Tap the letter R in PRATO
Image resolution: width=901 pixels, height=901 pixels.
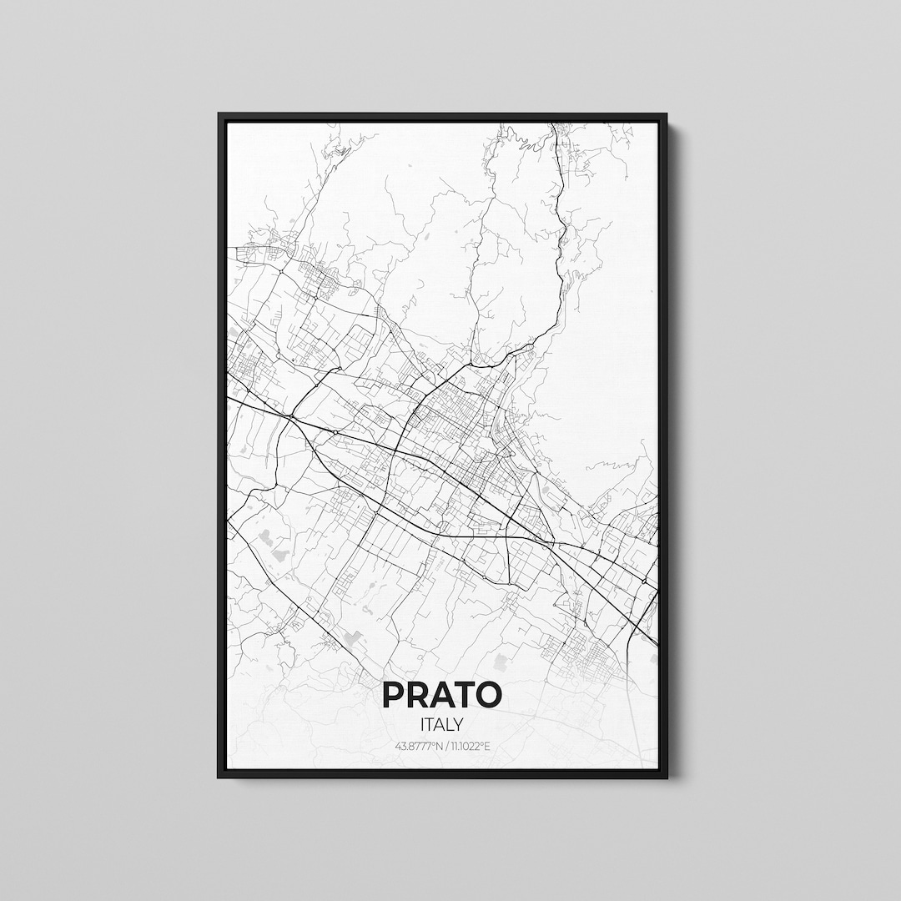pyautogui.click(x=416, y=695)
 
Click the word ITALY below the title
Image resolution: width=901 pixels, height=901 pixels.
pyautogui.click(x=442, y=725)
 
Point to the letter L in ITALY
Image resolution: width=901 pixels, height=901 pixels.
pyautogui.click(x=450, y=725)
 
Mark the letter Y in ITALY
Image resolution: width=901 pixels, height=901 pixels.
pyautogui.click(x=460, y=725)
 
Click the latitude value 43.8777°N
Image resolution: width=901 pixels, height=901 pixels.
pyautogui.click(x=419, y=745)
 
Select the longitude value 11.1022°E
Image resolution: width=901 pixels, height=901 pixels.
pyautogui.click(x=470, y=745)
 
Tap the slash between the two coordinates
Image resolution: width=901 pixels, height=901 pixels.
pyautogui.click(x=445, y=745)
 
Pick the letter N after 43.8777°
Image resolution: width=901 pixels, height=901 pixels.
pyautogui.click(x=440, y=745)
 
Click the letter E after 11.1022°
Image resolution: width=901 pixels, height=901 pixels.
pyautogui.click(x=488, y=745)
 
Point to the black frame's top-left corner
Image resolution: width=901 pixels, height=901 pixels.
pyautogui.click(x=219, y=114)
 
